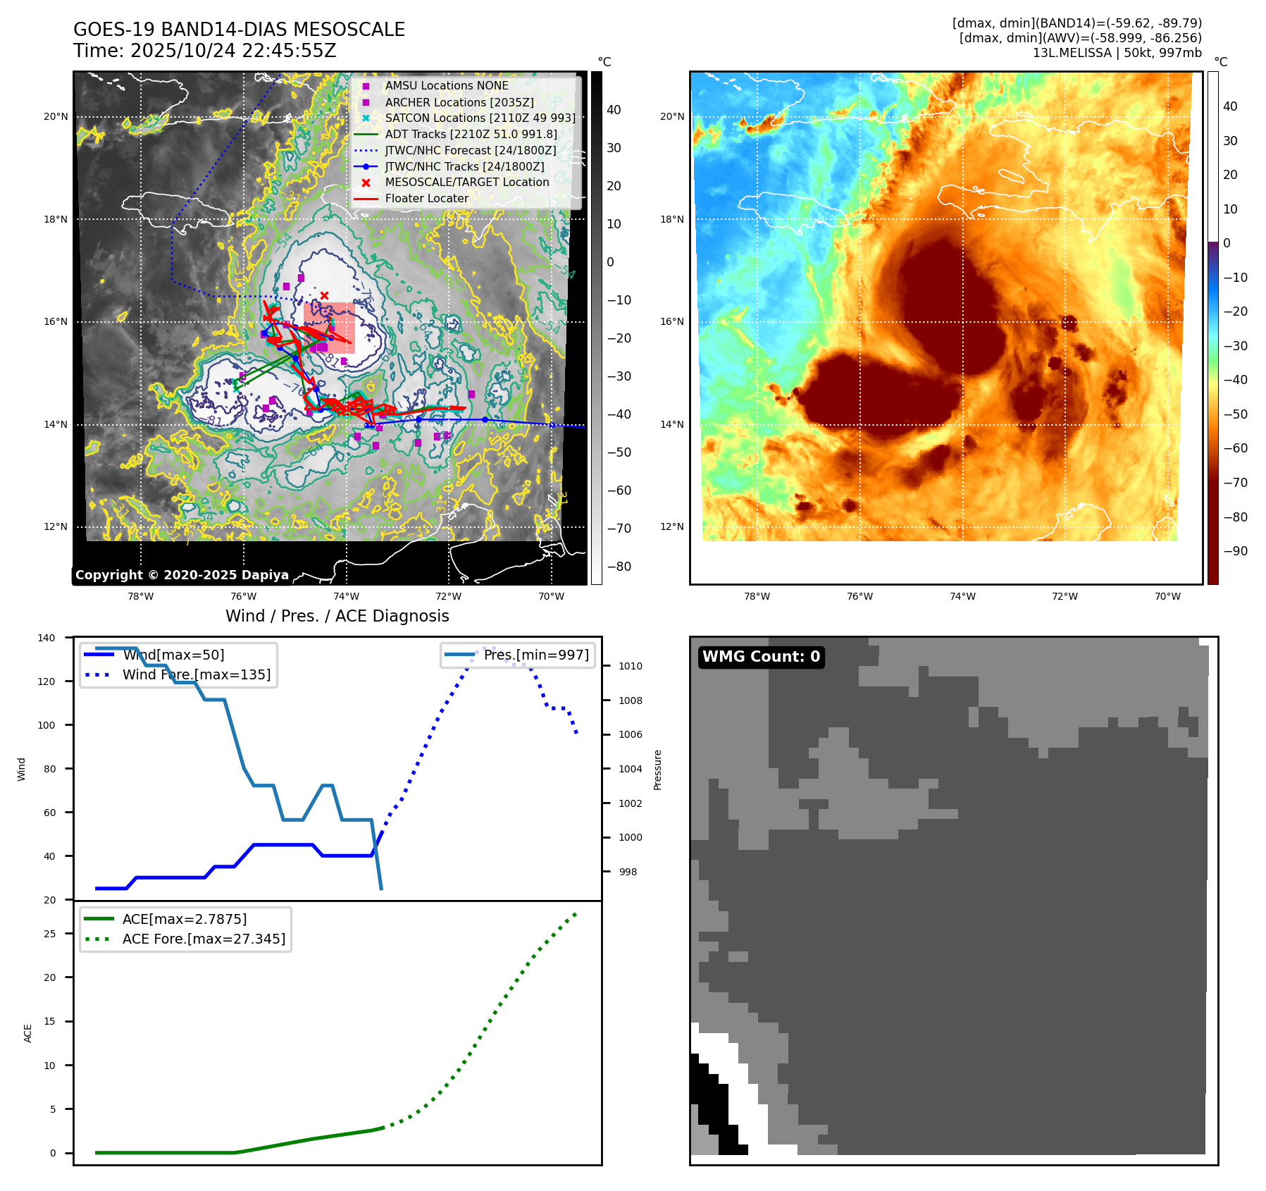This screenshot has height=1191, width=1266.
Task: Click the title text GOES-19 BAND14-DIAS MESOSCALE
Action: pos(239,30)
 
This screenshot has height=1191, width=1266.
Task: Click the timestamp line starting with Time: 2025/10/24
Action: pos(204,51)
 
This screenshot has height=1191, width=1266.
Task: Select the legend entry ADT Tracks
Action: pos(471,134)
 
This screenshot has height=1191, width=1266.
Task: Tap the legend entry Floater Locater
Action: pos(426,199)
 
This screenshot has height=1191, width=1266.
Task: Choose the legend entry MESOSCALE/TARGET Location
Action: pos(466,183)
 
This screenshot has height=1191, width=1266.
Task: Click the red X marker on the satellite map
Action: pos(324,295)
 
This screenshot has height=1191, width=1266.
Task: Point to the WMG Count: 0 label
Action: pos(761,657)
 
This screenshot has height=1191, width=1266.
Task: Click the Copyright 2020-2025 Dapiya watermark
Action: pos(182,575)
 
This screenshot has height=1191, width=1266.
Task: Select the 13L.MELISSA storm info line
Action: pos(1117,53)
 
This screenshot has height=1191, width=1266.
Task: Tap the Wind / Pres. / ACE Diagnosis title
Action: pos(337,616)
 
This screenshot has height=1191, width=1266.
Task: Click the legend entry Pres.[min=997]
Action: pos(535,655)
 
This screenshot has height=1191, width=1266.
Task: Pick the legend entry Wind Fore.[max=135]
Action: pos(196,674)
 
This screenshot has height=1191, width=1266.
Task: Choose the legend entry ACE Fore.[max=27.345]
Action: pos(204,939)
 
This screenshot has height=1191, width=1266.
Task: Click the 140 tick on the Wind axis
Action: pos(46,638)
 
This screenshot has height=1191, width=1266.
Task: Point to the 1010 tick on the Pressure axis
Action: pos(631,666)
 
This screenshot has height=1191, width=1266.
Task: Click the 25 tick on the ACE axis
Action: pos(50,934)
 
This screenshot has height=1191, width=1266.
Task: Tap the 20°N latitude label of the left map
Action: pos(56,117)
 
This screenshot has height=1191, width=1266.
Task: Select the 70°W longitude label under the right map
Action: pos(1167,597)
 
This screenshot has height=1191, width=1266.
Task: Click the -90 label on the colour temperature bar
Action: pos(1235,551)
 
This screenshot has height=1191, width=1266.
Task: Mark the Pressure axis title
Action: pos(657,770)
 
